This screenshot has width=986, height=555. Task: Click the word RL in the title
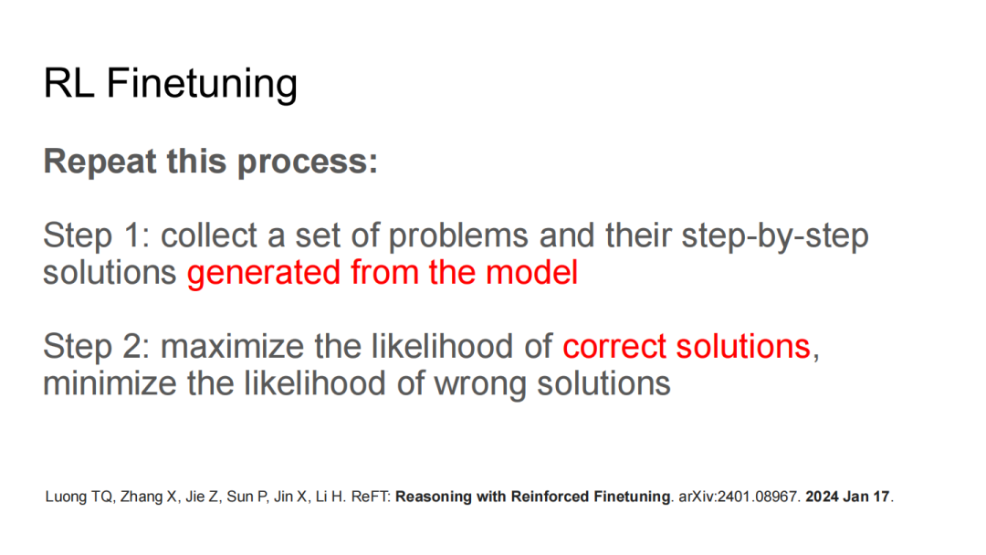(x=68, y=83)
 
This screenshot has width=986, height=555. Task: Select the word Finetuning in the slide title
(x=202, y=84)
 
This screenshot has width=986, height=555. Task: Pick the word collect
(x=209, y=236)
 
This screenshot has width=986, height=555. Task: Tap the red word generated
(x=264, y=274)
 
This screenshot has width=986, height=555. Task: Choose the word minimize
(x=110, y=384)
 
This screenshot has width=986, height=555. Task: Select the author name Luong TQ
(x=79, y=497)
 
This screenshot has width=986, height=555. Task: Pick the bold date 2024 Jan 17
(x=847, y=497)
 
